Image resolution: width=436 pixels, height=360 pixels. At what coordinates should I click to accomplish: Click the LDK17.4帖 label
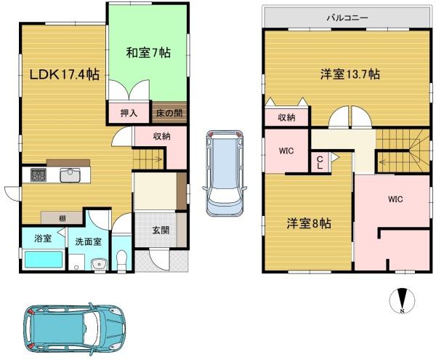click(x=64, y=75)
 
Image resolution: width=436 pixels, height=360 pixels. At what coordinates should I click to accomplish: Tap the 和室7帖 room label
click(x=148, y=52)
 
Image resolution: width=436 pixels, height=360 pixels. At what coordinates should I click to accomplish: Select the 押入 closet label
click(x=129, y=113)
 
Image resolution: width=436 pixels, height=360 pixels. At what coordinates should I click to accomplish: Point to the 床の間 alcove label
click(x=169, y=113)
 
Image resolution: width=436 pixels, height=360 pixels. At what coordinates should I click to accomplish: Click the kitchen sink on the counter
click(x=70, y=175)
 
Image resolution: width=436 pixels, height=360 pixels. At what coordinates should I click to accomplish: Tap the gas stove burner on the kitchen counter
click(x=39, y=175)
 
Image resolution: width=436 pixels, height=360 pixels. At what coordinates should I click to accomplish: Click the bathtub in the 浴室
click(x=44, y=260)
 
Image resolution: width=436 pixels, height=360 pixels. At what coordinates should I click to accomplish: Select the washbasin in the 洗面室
click(x=99, y=263)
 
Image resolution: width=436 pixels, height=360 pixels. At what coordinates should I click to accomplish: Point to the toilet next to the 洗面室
click(x=122, y=260)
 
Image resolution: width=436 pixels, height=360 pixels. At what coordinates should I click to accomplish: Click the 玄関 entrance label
click(x=161, y=230)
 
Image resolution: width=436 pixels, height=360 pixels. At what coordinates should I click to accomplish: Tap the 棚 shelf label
click(x=62, y=219)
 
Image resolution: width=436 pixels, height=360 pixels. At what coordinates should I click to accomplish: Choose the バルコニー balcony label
click(x=347, y=18)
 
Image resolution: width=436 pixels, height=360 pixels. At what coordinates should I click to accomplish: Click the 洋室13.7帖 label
click(x=350, y=75)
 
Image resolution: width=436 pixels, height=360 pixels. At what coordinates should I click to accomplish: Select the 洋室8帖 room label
click(x=309, y=223)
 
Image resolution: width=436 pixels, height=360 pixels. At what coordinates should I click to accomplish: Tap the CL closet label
click(x=320, y=163)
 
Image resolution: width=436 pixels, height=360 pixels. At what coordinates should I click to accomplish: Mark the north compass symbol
click(x=402, y=300)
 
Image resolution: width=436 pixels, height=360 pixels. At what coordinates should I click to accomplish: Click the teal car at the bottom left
click(x=75, y=329)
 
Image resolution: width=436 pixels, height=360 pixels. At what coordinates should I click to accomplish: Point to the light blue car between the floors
click(x=225, y=173)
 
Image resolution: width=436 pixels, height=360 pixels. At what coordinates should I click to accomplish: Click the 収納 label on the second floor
click(x=287, y=118)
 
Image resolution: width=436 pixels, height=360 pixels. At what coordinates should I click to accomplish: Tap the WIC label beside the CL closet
click(x=286, y=151)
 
